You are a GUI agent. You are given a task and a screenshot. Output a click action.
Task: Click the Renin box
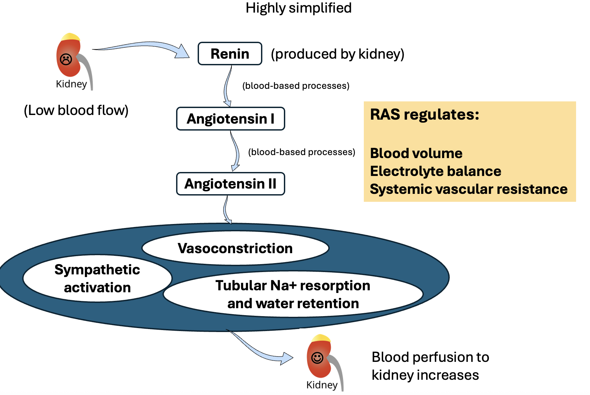tap(230, 54)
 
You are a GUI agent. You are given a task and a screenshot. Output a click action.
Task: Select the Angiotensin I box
tap(230, 119)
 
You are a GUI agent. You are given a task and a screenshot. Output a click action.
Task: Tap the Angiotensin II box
tap(230, 184)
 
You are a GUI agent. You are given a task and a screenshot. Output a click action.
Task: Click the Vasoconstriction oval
tap(235, 248)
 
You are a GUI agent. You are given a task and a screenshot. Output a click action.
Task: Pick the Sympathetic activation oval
tap(97, 278)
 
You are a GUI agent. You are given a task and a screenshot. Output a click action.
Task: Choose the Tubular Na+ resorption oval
tap(293, 294)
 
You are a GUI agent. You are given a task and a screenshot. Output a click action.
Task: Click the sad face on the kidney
tap(66, 59)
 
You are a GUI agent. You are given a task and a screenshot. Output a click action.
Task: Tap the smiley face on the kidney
tap(317, 358)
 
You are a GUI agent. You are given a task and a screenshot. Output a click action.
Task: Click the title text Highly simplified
tap(298, 8)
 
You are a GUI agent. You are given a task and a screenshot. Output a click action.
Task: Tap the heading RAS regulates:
tap(425, 115)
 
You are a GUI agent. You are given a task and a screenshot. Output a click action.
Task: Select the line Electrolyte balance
tap(435, 171)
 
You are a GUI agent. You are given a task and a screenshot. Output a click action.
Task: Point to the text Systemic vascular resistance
tap(469, 189)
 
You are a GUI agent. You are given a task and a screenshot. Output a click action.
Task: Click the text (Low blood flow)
tap(76, 110)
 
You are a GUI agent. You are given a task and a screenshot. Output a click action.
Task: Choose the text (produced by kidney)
tap(338, 54)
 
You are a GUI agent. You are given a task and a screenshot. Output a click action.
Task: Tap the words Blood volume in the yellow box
tap(416, 153)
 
